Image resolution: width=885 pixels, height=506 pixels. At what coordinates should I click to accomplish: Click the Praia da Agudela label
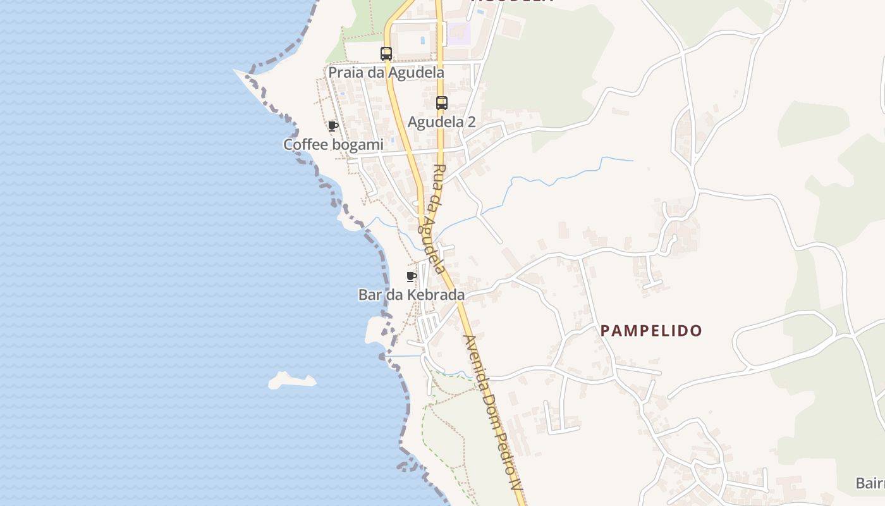tap(386, 73)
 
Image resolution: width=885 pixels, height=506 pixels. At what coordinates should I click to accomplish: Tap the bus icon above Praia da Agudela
tap(386, 54)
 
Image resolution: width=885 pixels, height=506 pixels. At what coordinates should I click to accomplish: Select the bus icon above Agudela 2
tap(442, 103)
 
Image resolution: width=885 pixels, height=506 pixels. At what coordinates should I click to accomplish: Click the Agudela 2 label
tap(441, 122)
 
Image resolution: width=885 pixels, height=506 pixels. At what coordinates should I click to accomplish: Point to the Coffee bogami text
tap(333, 145)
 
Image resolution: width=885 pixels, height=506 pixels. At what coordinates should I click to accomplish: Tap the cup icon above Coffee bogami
tap(333, 126)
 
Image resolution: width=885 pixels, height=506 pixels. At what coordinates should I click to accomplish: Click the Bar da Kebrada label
tap(412, 295)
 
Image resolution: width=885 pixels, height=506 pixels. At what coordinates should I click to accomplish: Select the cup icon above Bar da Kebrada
tap(412, 276)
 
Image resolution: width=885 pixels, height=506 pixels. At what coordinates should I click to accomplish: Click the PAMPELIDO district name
tap(651, 330)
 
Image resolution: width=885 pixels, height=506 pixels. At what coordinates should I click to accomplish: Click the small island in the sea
tap(291, 380)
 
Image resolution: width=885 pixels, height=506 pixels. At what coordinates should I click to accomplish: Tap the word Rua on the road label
tap(437, 176)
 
